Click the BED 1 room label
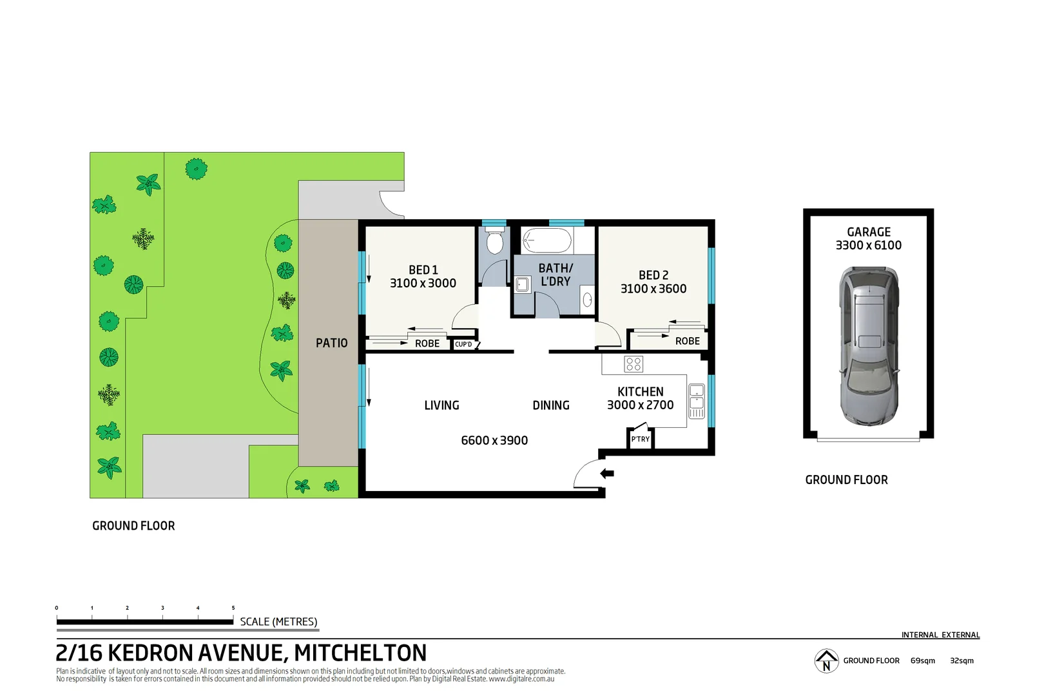tap(423, 270)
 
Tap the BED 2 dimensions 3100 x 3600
tap(653, 289)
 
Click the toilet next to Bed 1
tap(494, 244)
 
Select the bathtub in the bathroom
tap(546, 242)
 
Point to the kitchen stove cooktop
tap(633, 364)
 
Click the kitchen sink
tap(696, 401)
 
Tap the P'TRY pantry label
tap(640, 440)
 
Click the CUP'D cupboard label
tap(463, 345)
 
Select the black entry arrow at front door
tap(607, 474)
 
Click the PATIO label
tap(331, 343)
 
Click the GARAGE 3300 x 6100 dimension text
tap(868, 245)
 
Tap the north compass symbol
tap(826, 661)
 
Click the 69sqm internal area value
tap(922, 661)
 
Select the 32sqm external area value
tap(961, 661)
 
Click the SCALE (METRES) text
tap(278, 621)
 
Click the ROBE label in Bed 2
tap(687, 341)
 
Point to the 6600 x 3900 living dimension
tap(494, 440)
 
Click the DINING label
tap(550, 405)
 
